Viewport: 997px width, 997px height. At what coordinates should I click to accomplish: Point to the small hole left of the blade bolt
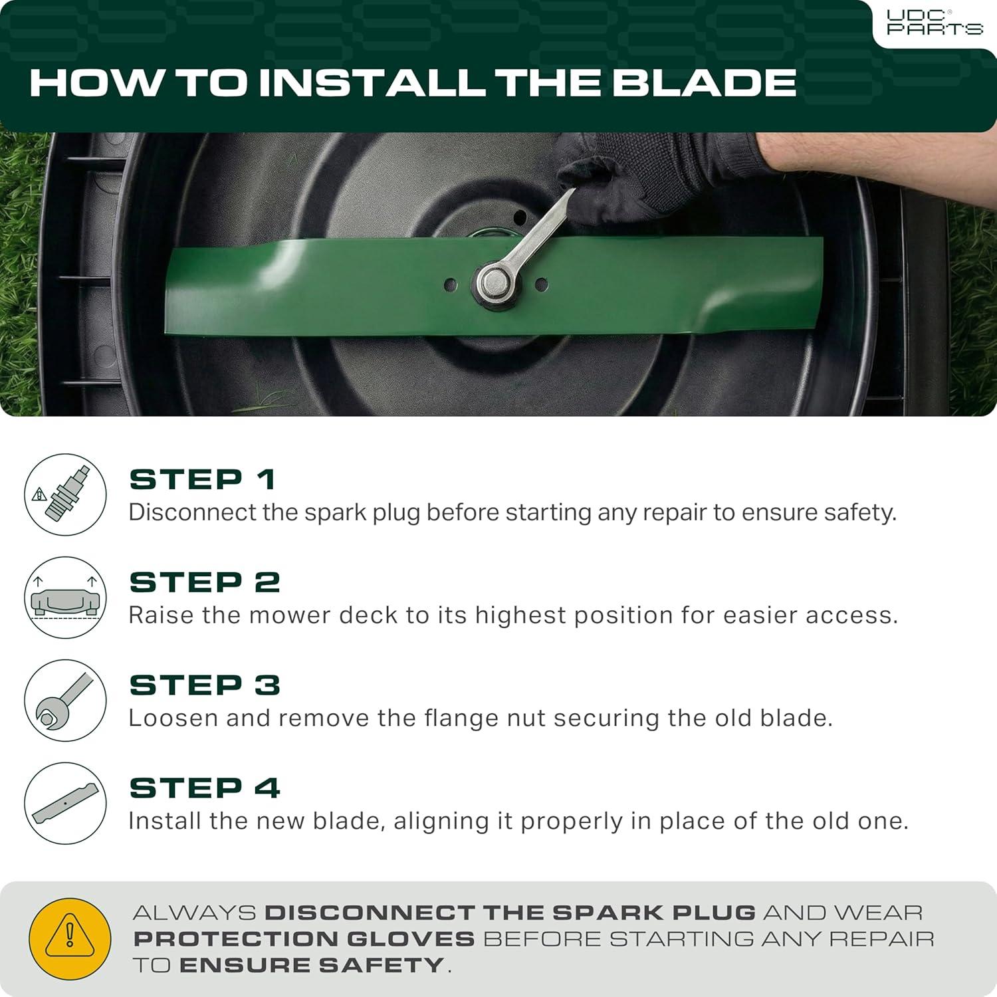(451, 284)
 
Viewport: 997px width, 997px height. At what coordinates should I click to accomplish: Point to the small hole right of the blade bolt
(541, 284)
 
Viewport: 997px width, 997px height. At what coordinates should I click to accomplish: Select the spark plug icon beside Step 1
(65, 495)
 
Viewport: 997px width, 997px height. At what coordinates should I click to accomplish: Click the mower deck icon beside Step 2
(65, 598)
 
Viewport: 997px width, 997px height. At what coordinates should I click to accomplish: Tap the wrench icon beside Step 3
(65, 701)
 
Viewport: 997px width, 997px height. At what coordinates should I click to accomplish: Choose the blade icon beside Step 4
(65, 804)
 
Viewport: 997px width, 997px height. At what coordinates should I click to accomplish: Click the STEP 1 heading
(203, 479)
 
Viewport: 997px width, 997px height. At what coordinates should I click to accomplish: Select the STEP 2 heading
(205, 582)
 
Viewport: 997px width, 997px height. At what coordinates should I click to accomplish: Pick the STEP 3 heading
(205, 685)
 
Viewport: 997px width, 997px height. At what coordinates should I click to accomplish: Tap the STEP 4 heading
(205, 788)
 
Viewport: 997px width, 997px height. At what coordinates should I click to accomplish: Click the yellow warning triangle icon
(70, 939)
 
